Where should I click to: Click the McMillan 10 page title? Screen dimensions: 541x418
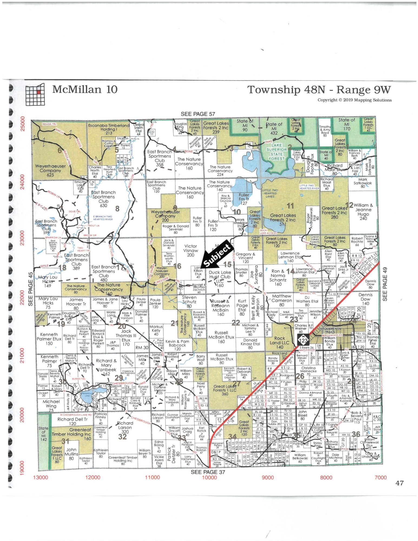[x=85, y=89]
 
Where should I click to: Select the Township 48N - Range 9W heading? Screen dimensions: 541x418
[x=319, y=90]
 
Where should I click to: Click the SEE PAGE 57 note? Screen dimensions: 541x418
[x=198, y=114]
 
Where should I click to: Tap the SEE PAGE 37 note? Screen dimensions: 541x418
[x=208, y=472]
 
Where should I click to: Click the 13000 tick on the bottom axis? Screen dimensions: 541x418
[x=40, y=477]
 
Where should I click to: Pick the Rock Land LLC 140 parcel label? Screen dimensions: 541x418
[x=279, y=342]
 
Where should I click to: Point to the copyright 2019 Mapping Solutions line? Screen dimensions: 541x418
[x=354, y=100]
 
